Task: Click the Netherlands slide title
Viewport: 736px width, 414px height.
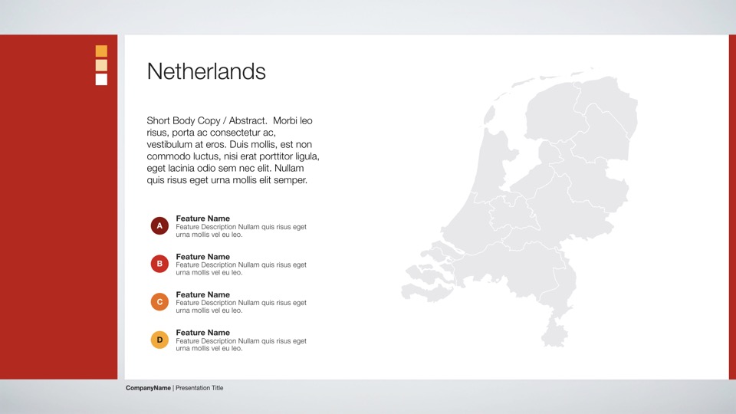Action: tap(206, 71)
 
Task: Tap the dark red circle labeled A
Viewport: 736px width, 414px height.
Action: tap(159, 225)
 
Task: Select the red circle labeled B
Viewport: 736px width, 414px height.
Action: tap(159, 264)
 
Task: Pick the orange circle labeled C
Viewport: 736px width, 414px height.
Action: tap(159, 302)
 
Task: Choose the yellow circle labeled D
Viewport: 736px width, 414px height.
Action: tap(159, 340)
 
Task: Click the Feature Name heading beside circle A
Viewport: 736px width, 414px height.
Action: tap(202, 219)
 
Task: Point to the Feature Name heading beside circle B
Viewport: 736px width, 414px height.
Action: tap(202, 257)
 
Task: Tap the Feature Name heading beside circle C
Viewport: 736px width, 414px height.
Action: tap(202, 294)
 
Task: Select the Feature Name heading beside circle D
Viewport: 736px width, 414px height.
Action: tap(202, 333)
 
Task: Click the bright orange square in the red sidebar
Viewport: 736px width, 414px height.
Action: tap(101, 51)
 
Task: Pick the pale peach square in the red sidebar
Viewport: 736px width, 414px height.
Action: tap(101, 65)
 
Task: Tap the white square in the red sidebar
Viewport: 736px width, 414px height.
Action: tap(101, 79)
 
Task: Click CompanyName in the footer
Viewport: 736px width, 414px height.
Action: tap(148, 388)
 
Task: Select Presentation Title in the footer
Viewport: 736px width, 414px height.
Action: tap(199, 388)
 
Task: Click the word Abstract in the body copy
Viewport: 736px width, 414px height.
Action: tap(248, 120)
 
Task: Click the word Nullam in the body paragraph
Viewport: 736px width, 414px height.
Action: tap(289, 168)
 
